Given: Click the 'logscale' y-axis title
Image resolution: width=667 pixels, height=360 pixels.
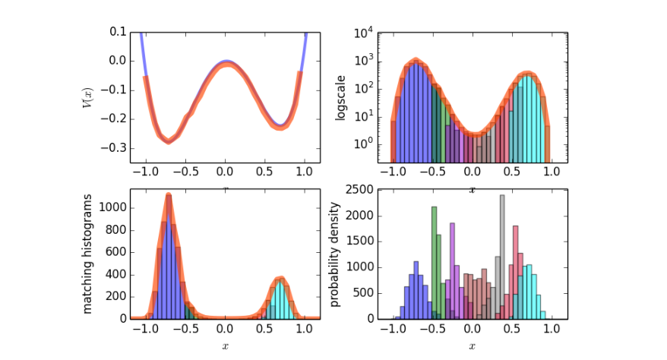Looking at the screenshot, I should click(340, 96).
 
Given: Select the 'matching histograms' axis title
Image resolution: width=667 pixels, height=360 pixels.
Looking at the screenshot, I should click(87, 253).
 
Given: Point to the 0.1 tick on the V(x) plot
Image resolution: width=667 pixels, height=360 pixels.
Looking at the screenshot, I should click(118, 32).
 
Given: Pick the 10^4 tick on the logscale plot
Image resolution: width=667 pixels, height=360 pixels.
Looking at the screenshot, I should click(362, 33).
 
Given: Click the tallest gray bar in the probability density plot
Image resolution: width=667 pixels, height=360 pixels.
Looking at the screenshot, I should click(502, 257).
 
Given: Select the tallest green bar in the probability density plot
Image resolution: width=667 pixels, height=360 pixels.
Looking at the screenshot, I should click(434, 262).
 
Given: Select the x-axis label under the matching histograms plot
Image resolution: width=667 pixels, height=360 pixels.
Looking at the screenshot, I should click(225, 346).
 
